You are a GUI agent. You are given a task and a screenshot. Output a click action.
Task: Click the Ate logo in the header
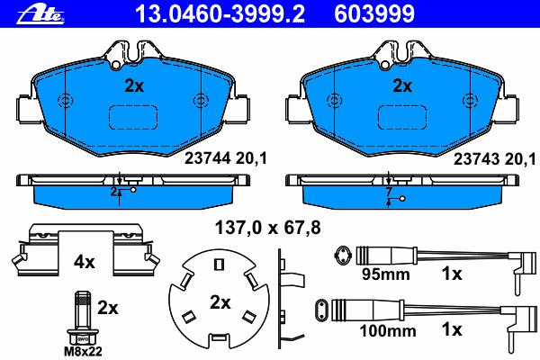click(40, 15)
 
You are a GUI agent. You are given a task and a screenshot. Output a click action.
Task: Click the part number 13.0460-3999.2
click(220, 13)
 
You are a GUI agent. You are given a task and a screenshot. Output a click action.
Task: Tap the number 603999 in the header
click(374, 13)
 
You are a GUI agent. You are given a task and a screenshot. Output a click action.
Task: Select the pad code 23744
click(208, 158)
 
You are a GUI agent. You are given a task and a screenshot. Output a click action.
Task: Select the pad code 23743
click(476, 159)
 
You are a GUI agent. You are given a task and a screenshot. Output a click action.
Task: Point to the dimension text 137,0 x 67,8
click(267, 228)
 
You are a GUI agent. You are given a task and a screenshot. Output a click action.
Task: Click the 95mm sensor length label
click(386, 274)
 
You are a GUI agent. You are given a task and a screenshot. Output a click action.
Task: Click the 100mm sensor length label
click(388, 331)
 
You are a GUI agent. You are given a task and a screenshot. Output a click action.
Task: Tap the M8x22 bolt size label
click(84, 352)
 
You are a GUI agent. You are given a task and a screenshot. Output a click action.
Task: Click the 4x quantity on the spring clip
click(84, 263)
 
